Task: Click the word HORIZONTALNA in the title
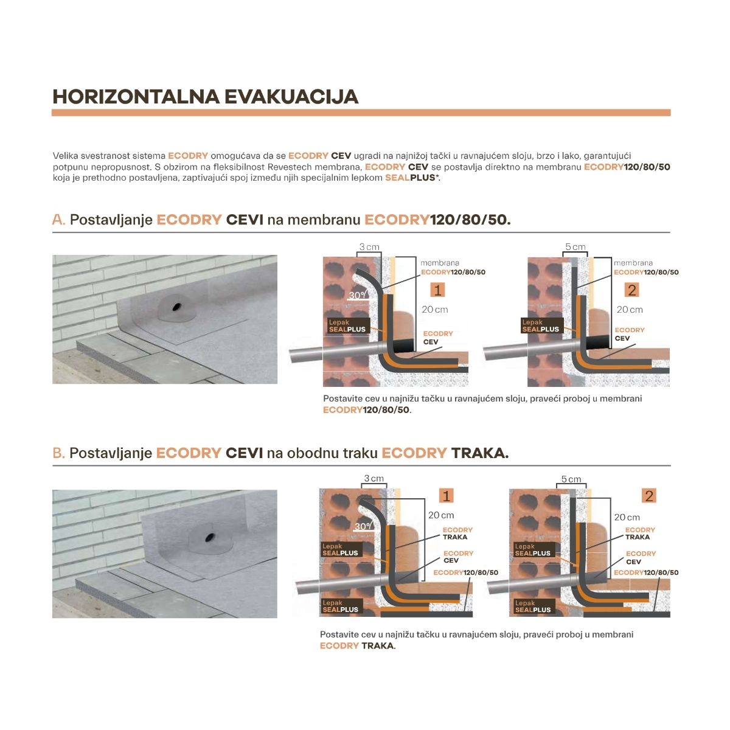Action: coord(136,97)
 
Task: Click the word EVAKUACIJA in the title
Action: coord(291,97)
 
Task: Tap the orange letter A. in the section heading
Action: coord(59,220)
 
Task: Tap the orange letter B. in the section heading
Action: coord(59,453)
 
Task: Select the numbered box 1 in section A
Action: coord(437,290)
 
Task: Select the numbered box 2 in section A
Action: coord(631,290)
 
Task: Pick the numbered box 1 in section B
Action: coord(447,496)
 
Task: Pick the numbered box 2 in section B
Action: coord(649,496)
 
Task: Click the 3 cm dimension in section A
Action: coord(369,247)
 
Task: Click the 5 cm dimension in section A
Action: coord(575,247)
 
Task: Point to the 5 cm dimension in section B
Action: coord(571,479)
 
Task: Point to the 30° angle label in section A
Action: coord(358,294)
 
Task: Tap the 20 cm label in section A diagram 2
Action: coord(630,310)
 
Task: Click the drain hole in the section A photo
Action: coord(176,307)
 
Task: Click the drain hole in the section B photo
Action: coord(209,537)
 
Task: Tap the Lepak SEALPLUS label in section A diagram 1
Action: coord(347,326)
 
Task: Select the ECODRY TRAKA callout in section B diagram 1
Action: coord(457,533)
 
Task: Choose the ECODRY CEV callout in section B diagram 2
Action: coord(641,558)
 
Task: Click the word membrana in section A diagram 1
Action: coord(440,263)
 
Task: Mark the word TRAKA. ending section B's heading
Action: coord(479,453)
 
